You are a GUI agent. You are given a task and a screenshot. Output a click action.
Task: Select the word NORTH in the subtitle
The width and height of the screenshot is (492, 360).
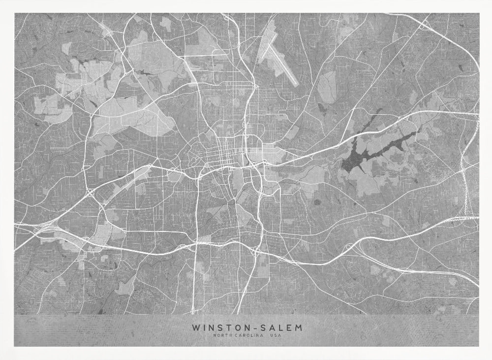(222, 336)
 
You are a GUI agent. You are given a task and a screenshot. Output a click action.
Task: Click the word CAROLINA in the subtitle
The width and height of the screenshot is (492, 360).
(247, 336)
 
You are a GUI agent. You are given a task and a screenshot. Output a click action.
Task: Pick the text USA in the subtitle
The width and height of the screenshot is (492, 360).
(274, 336)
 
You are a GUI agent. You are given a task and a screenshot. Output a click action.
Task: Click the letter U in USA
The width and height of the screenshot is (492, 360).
(270, 336)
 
